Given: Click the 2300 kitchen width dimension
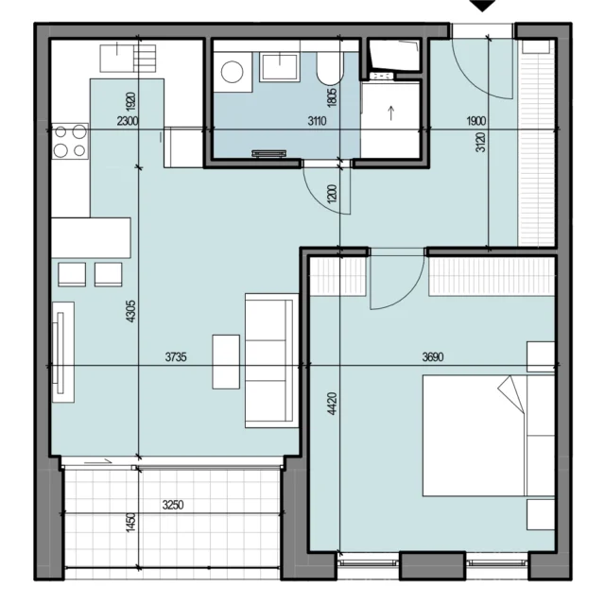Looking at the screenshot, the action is tap(128, 121).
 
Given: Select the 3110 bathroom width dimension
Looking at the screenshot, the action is tap(318, 121).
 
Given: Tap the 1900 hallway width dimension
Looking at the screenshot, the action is tap(476, 121).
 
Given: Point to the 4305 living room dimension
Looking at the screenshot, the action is tap(130, 311).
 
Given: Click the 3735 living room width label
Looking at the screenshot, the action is tap(176, 357).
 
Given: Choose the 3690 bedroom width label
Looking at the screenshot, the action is tap(433, 357).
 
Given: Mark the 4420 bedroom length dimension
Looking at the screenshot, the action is tap(332, 404).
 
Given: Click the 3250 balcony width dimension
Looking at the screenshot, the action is tap(173, 505).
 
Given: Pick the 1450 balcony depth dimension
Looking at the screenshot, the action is tap(131, 523).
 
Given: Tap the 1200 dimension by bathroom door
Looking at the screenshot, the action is tap(332, 194).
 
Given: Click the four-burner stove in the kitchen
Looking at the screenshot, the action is tap(70, 141).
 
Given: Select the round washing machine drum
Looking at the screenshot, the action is tap(232, 72).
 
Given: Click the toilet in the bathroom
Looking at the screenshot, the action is tap(330, 68).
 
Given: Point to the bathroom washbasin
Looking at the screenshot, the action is tap(280, 67).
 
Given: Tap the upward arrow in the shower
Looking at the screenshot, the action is tap(391, 113).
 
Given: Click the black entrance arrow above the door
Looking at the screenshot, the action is tap(482, 5).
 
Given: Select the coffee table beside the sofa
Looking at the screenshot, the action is tap(226, 361).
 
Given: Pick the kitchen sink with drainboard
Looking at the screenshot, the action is tap(129, 59).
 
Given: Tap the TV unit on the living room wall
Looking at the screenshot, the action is tap(63, 353).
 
